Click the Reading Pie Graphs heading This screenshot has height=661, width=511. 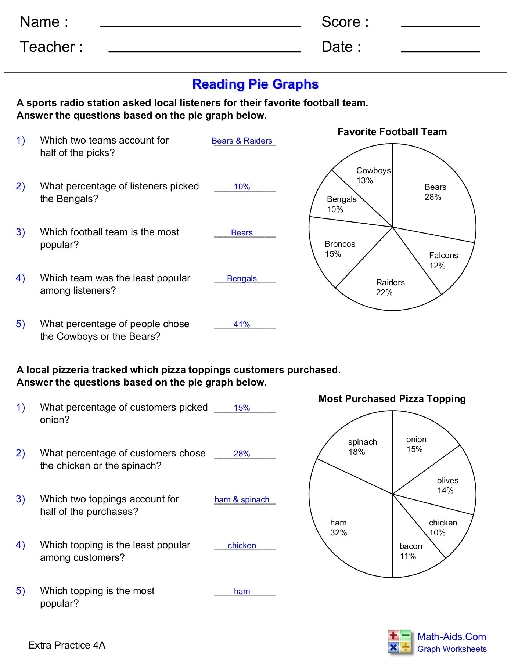(255, 84)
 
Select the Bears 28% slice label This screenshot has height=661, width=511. (435, 192)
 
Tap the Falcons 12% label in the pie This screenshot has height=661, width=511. (443, 260)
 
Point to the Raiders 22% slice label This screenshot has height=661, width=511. (390, 288)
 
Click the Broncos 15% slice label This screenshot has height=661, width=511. (339, 249)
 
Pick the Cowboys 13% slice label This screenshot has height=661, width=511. (373, 175)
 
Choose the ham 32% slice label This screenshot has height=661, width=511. (338, 528)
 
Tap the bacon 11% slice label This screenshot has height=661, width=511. (410, 551)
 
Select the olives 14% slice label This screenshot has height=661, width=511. (447, 485)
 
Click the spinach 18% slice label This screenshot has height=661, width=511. (362, 447)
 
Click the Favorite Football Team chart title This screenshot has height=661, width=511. (392, 132)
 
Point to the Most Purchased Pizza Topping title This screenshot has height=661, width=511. (392, 399)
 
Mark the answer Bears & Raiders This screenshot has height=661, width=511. (242, 141)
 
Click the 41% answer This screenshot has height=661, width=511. (242, 325)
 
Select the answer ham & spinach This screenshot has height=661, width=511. (242, 500)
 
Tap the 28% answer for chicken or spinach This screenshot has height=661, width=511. (242, 454)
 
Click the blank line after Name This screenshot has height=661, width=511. (200, 26)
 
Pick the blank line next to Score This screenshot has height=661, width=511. (440, 26)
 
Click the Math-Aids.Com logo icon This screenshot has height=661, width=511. (399, 642)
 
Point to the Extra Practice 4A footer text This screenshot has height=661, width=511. (67, 645)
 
